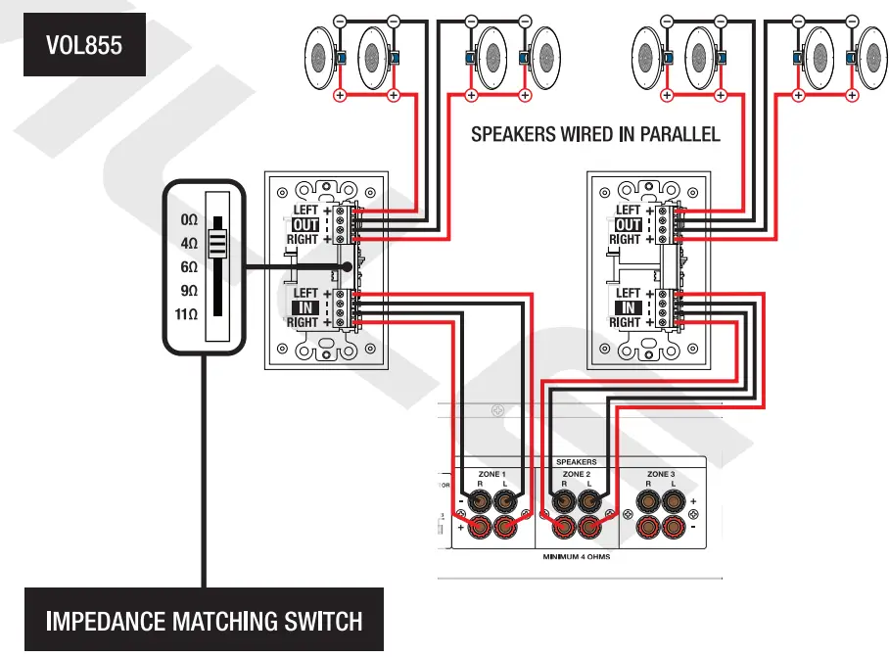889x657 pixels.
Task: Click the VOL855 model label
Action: click(x=84, y=45)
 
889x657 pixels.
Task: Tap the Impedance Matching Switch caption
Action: click(x=205, y=620)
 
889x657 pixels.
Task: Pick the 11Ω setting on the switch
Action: click(x=184, y=315)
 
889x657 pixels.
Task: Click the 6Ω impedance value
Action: click(x=186, y=267)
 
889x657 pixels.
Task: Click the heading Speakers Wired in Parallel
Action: click(x=595, y=134)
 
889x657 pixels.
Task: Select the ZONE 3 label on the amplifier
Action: click(x=661, y=474)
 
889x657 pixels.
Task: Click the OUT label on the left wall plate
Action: click(x=305, y=225)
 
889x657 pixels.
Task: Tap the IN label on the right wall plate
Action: click(x=628, y=307)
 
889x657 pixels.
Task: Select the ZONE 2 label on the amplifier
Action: click(x=576, y=474)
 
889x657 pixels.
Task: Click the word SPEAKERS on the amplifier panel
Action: click(x=576, y=461)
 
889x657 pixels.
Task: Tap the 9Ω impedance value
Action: click(x=186, y=291)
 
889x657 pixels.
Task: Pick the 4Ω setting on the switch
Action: click(x=186, y=243)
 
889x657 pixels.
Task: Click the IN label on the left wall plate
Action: click(x=305, y=307)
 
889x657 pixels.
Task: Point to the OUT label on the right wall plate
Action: click(x=628, y=225)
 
